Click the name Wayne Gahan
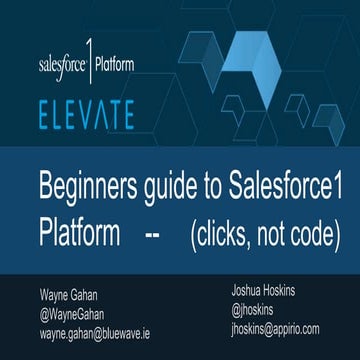65,294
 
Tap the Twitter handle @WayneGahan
73,311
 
